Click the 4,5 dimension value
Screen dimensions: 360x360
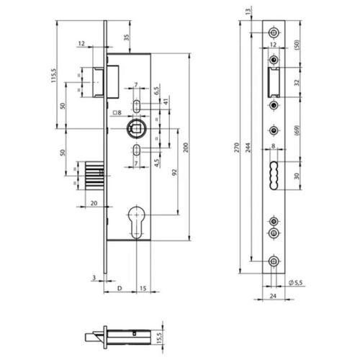[x=156, y=161]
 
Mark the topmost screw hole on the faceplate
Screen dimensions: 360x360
[x=273, y=33]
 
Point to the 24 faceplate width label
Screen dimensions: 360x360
[x=273, y=294]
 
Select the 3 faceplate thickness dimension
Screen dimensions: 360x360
[x=93, y=276]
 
